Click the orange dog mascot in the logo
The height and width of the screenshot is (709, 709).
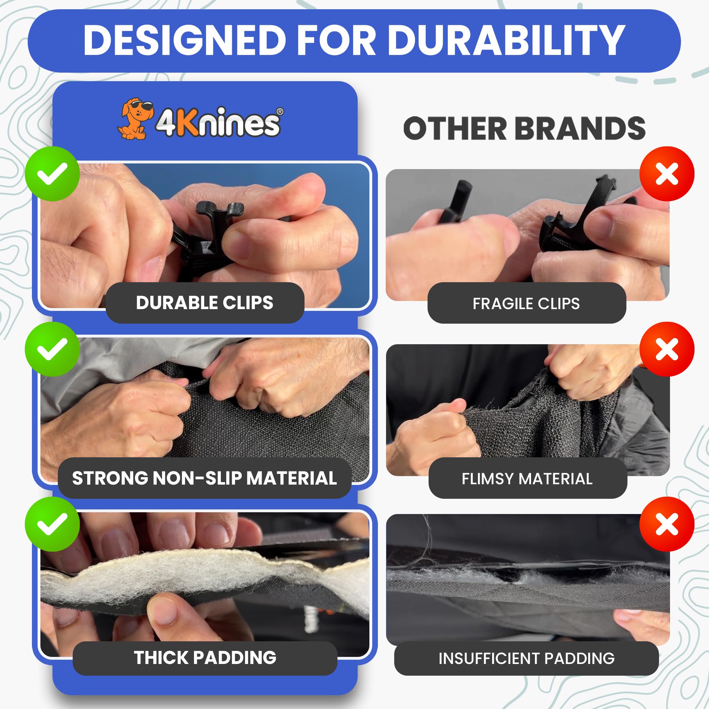tap(135, 118)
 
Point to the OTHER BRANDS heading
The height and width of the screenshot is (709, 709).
tap(524, 128)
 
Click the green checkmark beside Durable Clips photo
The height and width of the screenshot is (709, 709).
tap(52, 174)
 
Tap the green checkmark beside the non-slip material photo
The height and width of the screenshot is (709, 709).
tap(52, 349)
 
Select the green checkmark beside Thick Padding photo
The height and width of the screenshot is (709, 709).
tap(52, 524)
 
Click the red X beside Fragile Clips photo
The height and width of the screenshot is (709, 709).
tap(667, 174)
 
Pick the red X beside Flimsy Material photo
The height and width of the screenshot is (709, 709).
tap(667, 349)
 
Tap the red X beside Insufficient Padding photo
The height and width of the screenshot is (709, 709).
tap(667, 524)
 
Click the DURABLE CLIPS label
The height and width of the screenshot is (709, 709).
tap(205, 303)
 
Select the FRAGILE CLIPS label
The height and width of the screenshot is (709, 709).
tap(526, 303)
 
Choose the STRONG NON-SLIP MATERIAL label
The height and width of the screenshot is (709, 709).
tap(205, 478)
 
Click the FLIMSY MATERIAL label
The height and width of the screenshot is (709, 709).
tap(527, 479)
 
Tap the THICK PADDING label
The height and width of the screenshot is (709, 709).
tap(205, 657)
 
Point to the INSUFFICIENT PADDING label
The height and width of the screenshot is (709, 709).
tap(526, 658)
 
